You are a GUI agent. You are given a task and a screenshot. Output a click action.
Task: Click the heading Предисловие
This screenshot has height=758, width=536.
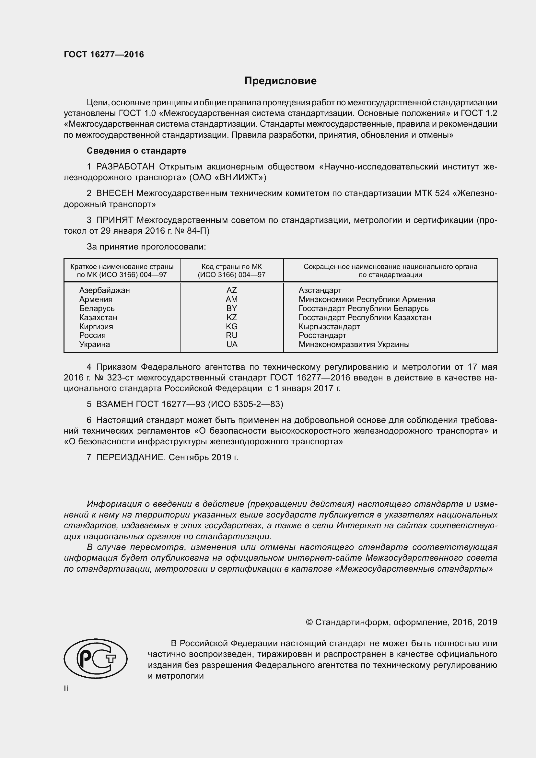click(x=280, y=81)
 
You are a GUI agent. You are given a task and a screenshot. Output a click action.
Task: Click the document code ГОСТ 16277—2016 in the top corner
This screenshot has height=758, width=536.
click(x=104, y=55)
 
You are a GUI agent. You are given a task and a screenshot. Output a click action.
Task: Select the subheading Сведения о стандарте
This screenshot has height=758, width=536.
click(x=136, y=151)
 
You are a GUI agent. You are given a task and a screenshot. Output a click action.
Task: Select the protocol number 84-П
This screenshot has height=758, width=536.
click(x=198, y=231)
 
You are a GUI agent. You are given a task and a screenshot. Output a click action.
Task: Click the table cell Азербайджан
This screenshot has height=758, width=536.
click(x=104, y=290)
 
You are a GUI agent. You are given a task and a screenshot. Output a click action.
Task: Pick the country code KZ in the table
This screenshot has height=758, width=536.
click(x=231, y=317)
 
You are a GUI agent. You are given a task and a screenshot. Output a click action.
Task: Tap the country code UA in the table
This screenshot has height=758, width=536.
click(x=232, y=344)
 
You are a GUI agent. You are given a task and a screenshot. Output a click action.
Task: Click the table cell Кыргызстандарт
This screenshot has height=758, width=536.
click(x=329, y=327)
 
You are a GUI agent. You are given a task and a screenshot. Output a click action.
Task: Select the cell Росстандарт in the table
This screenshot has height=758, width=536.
click(x=322, y=335)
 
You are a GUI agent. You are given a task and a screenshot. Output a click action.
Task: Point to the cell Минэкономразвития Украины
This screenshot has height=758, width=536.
click(x=354, y=344)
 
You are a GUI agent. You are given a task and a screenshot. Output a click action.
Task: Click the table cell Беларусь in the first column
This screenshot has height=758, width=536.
click(x=97, y=308)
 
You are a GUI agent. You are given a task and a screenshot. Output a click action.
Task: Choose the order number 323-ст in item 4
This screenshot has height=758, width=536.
click(x=120, y=378)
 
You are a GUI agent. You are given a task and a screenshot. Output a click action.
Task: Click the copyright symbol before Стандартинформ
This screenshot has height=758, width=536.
click(x=309, y=622)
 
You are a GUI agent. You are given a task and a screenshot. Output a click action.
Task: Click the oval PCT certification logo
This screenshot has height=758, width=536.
click(x=96, y=658)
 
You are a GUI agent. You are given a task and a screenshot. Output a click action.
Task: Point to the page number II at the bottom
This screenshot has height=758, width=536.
click(x=66, y=689)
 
